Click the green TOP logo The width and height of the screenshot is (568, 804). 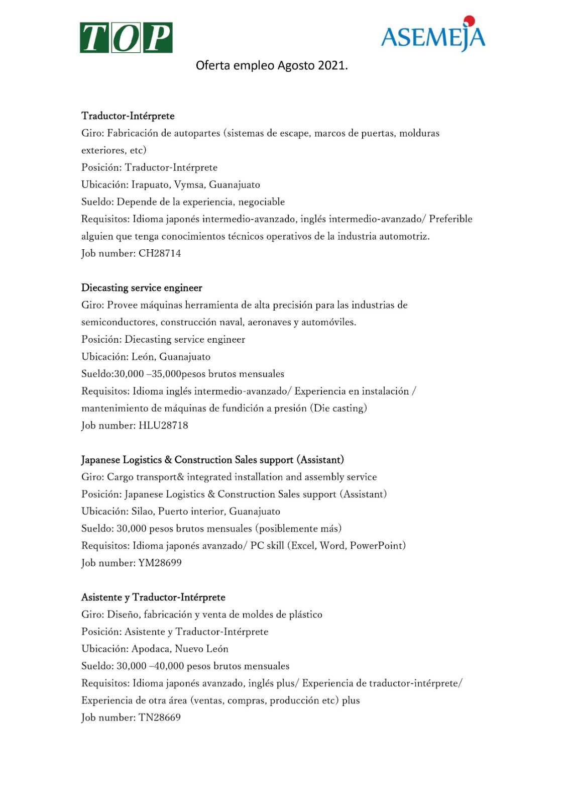(x=126, y=38)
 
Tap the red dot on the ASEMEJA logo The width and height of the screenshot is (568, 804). (x=469, y=20)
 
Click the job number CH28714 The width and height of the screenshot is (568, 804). (x=160, y=253)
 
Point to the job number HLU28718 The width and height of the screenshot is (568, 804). (x=163, y=425)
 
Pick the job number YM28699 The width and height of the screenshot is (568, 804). (x=160, y=563)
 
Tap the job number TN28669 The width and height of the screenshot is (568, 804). (x=159, y=718)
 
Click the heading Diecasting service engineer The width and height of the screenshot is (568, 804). (x=142, y=288)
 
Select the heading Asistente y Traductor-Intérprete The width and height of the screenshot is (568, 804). (x=153, y=597)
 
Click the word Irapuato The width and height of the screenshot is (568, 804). (x=150, y=185)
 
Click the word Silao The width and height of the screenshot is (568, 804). (x=143, y=512)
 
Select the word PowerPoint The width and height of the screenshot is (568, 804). (x=377, y=546)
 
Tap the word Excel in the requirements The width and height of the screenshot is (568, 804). (x=303, y=546)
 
